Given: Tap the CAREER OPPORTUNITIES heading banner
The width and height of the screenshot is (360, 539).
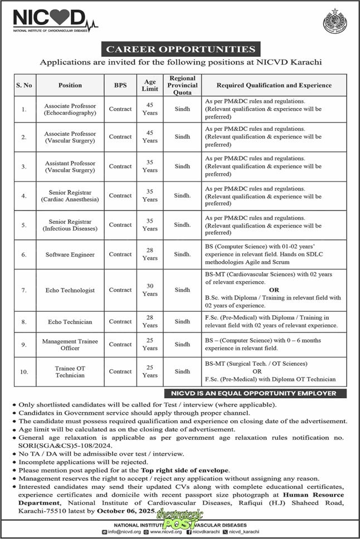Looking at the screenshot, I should tap(179, 50).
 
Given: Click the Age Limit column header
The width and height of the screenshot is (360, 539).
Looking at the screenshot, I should tap(149, 85).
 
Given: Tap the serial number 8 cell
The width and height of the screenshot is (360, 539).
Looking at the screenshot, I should tap(24, 321).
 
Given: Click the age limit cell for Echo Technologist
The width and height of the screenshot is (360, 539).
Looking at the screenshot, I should tap(149, 290).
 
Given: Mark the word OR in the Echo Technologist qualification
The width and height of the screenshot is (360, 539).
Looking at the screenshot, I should tap(274, 290).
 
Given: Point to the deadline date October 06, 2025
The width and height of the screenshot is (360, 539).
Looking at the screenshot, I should tap(121, 510).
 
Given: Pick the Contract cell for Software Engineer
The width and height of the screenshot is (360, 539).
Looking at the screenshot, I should tap(120, 254).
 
